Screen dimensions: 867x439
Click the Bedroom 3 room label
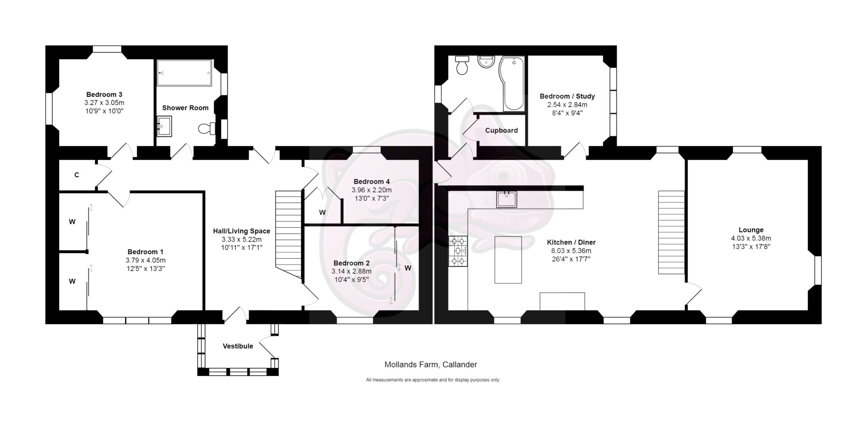[x=104, y=94]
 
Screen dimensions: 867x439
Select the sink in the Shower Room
[x=164, y=126]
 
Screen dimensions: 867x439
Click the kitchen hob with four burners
[x=458, y=251]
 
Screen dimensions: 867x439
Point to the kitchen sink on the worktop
[x=507, y=199]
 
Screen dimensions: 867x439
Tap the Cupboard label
[x=501, y=131]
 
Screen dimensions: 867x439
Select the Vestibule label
[x=238, y=346]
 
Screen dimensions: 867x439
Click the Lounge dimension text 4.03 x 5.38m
[x=751, y=238]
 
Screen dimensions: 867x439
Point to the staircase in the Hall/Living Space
[x=289, y=234]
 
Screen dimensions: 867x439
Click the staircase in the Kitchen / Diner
[x=671, y=232]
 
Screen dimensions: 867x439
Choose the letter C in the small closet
[x=77, y=175]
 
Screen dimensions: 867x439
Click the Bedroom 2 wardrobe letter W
[x=408, y=268]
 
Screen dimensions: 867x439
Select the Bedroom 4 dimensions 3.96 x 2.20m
[x=372, y=190]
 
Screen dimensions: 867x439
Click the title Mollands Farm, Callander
[x=431, y=364]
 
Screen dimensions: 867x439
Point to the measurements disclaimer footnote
[x=433, y=380]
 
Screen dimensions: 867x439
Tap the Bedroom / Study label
[x=567, y=96]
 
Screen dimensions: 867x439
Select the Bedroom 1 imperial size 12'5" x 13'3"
[x=145, y=268]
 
